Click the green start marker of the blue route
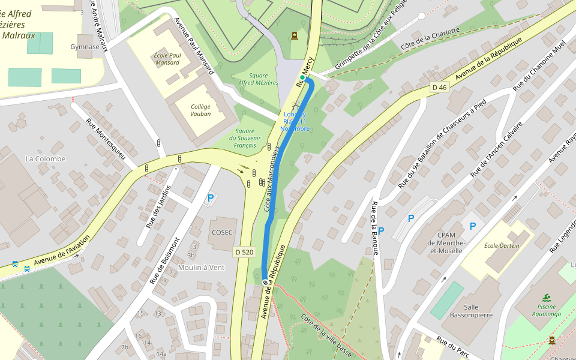pos(302,77)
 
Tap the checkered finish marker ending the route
pos(265,282)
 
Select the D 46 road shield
pos(439,88)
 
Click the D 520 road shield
pos(244,252)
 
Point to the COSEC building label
pos(221,232)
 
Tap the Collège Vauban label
pos(200,109)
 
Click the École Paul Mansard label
pos(167,58)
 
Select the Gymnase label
pos(85,47)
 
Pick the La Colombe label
pos(46,158)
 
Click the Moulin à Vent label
pos(201,267)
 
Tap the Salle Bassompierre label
pos(471,311)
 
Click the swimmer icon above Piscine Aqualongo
pos(547,298)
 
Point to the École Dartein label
pos(501,245)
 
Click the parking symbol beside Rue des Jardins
pos(210,197)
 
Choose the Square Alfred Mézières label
pos(258,79)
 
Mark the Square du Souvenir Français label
pos(244,138)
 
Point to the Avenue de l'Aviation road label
pos(62,250)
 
